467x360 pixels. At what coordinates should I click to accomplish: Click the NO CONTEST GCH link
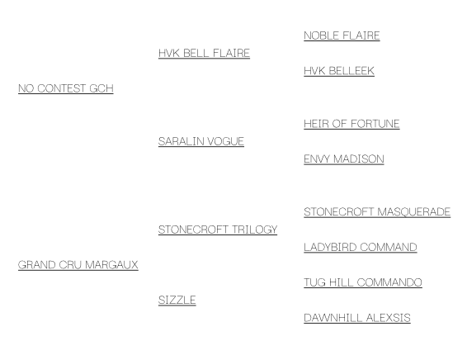coord(66,88)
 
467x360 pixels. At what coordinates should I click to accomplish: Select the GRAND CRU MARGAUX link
coord(78,265)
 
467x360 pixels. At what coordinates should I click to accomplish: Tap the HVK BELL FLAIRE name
coord(204,54)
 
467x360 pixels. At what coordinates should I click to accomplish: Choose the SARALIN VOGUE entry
coord(201,141)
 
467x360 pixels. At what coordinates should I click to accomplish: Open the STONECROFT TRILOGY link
coord(218,230)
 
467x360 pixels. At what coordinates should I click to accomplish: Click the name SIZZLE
coord(177,300)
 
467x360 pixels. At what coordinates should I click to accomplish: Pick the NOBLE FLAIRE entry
coord(342,36)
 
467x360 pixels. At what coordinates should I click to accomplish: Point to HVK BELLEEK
coord(339,71)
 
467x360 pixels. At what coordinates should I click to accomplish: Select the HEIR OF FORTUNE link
coord(351,124)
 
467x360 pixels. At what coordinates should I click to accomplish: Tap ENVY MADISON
coord(344,159)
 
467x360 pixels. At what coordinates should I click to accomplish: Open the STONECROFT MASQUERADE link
coord(377,212)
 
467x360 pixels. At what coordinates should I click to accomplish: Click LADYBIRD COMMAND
coord(361,248)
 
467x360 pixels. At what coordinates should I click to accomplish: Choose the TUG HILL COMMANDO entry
coord(363,282)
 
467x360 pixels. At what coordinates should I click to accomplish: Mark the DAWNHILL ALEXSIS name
coord(357,318)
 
